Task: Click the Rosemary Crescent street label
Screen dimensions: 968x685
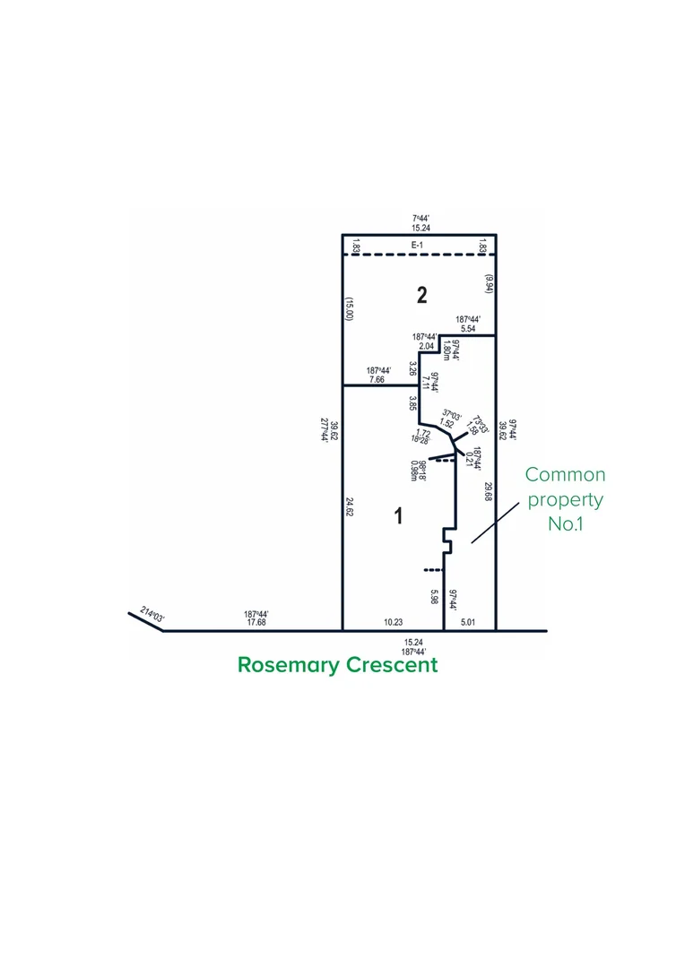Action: (x=337, y=665)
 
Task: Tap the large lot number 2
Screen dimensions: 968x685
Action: (x=421, y=295)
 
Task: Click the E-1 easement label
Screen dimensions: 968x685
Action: (x=417, y=245)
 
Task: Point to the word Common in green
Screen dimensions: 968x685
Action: (x=565, y=475)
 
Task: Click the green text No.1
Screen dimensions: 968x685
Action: (x=565, y=524)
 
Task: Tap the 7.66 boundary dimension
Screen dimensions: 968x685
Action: (x=377, y=379)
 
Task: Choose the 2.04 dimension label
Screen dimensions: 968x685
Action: (x=426, y=346)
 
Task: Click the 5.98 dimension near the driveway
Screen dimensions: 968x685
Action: (x=434, y=597)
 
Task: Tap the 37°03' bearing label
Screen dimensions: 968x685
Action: (x=452, y=413)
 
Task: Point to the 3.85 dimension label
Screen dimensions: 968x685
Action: (x=413, y=403)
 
